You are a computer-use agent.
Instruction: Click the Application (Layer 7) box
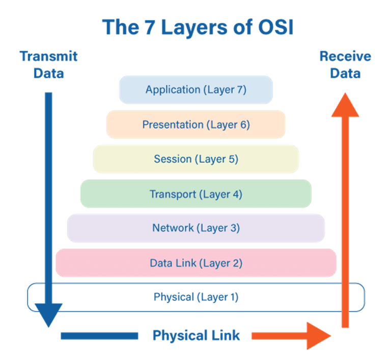click(196, 89)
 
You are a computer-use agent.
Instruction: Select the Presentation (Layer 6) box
click(196, 124)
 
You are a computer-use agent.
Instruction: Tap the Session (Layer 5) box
click(196, 159)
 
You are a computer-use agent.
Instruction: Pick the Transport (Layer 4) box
click(196, 194)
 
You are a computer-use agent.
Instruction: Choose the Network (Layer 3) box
click(196, 228)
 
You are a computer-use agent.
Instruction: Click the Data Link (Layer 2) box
click(196, 263)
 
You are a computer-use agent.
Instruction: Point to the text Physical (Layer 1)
click(196, 297)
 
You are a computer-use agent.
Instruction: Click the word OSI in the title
click(276, 27)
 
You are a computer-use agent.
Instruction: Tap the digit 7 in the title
click(150, 27)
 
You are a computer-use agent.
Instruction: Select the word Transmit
click(49, 56)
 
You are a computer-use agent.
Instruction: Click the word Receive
click(345, 56)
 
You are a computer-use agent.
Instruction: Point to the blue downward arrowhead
click(49, 314)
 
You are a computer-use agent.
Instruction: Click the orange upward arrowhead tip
click(345, 93)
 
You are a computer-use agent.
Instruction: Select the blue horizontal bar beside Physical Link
click(99, 336)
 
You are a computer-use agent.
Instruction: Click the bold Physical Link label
click(196, 336)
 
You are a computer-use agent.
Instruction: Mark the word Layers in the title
click(194, 27)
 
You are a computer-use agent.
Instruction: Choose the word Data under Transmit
click(49, 73)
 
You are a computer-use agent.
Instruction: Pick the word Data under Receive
click(345, 73)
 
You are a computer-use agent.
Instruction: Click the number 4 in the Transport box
click(236, 194)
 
